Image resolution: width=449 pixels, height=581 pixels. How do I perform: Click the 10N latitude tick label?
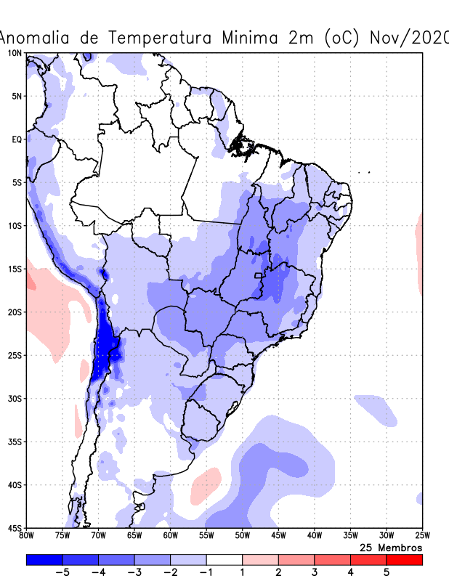click(15, 53)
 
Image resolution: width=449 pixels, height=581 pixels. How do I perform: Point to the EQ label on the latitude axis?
click(16, 139)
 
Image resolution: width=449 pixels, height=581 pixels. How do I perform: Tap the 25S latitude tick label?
click(15, 355)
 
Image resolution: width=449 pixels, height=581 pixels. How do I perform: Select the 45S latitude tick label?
click(15, 527)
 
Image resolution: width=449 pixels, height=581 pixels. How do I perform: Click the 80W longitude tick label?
click(26, 536)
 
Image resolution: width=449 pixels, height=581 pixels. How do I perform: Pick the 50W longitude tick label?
click(242, 536)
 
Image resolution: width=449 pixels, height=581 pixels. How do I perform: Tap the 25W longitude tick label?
click(421, 536)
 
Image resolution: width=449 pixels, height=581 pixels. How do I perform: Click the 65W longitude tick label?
click(134, 536)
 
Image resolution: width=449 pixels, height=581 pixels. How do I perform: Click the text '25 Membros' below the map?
click(391, 547)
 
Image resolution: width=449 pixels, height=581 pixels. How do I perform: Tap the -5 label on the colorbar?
click(62, 572)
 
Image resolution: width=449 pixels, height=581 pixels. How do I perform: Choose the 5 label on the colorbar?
click(386, 572)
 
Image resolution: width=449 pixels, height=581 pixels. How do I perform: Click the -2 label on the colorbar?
click(170, 572)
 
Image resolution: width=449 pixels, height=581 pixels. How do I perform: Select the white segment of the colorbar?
click(224, 559)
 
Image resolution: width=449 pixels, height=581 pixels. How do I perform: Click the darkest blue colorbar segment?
click(44, 559)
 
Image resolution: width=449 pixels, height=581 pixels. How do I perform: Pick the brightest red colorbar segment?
click(404, 559)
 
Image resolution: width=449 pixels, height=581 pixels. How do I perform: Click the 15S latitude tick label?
click(15, 269)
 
